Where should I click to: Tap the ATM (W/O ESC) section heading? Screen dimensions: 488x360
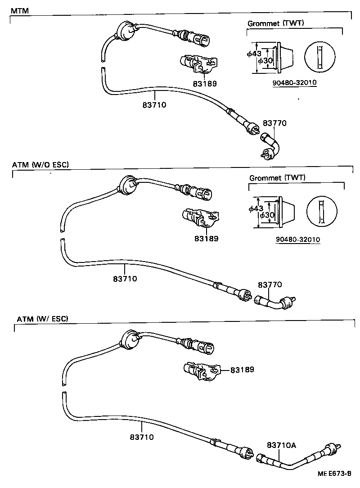pos(40,165)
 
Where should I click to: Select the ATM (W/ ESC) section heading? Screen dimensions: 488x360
pos(42,319)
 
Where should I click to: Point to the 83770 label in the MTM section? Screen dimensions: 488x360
pos(274,123)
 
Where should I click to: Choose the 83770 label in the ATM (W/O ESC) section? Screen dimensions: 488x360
pos(270,285)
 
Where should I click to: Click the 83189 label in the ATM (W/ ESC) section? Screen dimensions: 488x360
pos(242,370)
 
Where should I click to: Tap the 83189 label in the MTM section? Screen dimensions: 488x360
pos(205,83)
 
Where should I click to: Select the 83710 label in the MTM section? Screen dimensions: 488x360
pos(154,105)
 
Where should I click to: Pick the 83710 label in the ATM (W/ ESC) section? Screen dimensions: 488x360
pos(142,437)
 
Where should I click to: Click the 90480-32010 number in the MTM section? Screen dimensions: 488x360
pos(295,83)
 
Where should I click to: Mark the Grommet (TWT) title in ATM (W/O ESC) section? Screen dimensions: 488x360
pos(277,177)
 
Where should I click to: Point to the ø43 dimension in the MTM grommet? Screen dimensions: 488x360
pos(254,54)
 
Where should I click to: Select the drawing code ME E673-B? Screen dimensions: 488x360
pos(335,474)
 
